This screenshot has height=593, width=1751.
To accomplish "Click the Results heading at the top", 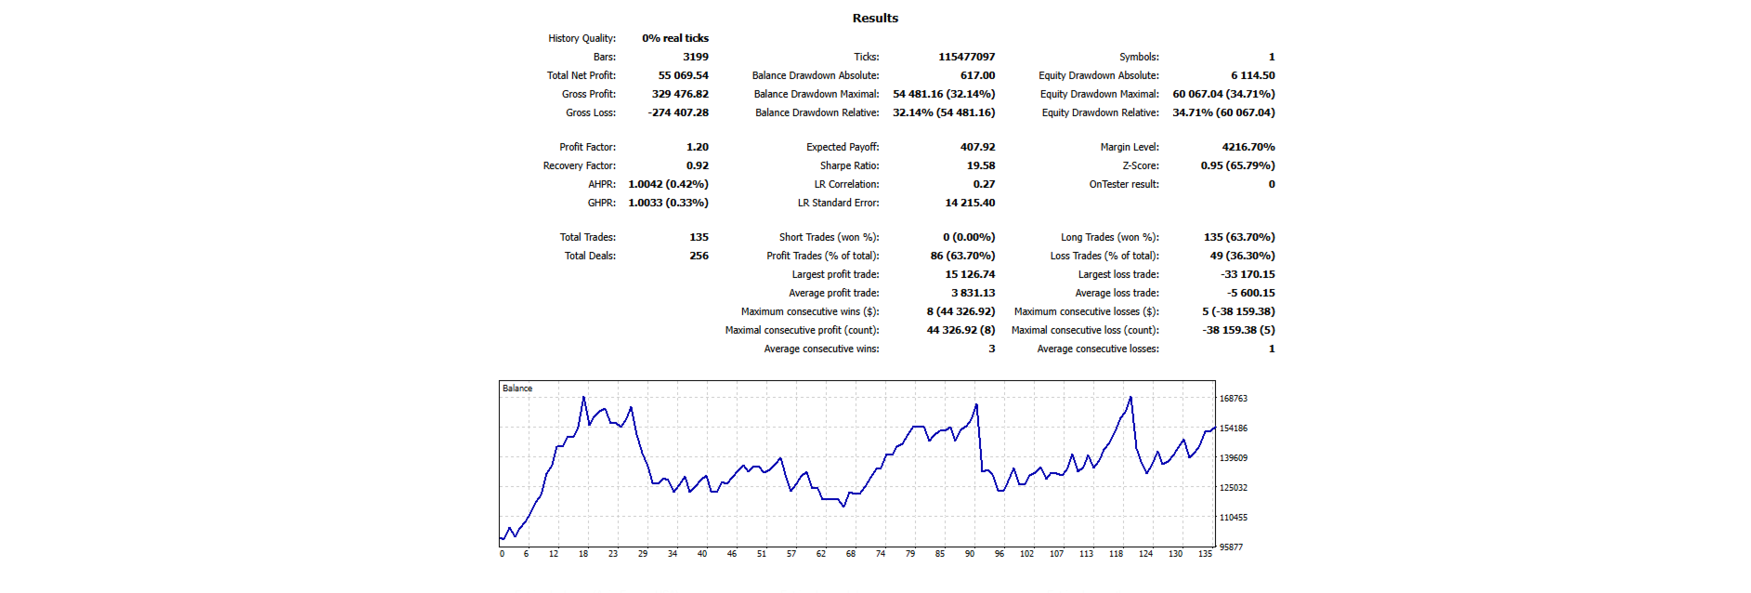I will tap(875, 18).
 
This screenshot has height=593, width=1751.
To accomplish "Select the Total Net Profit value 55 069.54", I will tap(683, 75).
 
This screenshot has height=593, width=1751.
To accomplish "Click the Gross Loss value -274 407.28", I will tap(678, 112).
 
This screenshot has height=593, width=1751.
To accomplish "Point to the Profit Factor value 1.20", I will tap(697, 147).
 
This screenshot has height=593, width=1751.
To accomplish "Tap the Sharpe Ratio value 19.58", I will tap(980, 165).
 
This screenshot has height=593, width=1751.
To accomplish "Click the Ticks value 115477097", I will tap(966, 57).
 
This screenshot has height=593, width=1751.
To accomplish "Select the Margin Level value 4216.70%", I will tap(1248, 147).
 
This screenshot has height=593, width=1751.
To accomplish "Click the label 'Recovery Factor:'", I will tap(579, 165).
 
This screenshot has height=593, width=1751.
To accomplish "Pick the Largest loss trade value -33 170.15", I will tap(1248, 274).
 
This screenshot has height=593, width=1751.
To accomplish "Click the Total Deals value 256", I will tap(699, 256).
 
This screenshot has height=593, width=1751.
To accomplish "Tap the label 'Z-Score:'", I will tap(1140, 165).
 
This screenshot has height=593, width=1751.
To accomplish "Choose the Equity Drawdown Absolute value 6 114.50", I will tap(1252, 75).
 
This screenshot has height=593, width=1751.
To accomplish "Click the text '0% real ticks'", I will tap(675, 38).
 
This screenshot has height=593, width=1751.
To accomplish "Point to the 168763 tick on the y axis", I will tap(1233, 399).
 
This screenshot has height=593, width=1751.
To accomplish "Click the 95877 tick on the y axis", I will tap(1231, 547).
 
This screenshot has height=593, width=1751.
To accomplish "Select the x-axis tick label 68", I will tap(850, 554).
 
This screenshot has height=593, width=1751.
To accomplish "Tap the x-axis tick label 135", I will tap(1204, 554).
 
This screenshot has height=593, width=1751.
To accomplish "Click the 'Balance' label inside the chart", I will tap(517, 389).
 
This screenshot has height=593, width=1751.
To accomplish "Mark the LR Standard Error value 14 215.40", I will tap(970, 203).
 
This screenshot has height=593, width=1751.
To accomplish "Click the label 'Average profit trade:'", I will tap(833, 293).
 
